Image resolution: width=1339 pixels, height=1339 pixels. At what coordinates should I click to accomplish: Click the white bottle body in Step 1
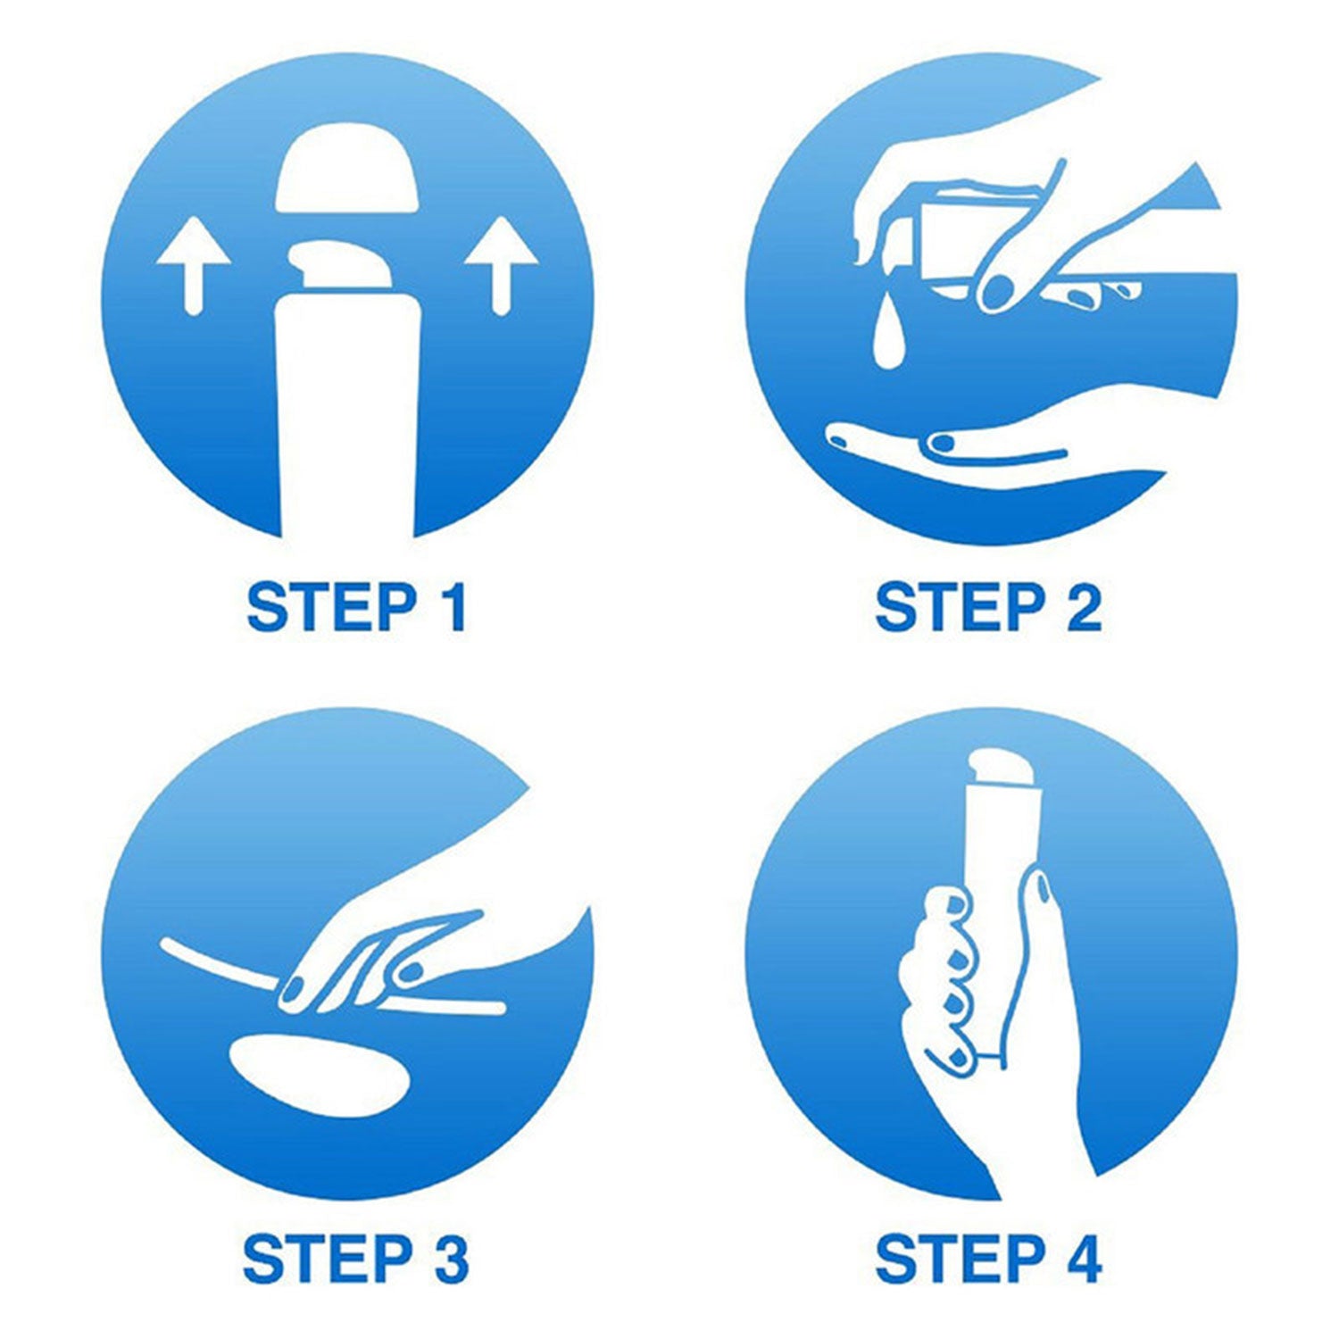point(346,415)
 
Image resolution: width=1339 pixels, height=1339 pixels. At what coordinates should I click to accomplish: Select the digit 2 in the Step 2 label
point(1084,607)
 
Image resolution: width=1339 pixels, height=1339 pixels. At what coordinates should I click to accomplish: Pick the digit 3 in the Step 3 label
point(451,1259)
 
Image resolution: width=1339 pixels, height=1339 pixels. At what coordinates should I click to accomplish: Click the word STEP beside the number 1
point(331,607)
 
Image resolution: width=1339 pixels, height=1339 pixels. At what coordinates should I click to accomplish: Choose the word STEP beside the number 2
point(961,607)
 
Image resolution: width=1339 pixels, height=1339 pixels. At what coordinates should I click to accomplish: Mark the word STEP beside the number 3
point(328,1259)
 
